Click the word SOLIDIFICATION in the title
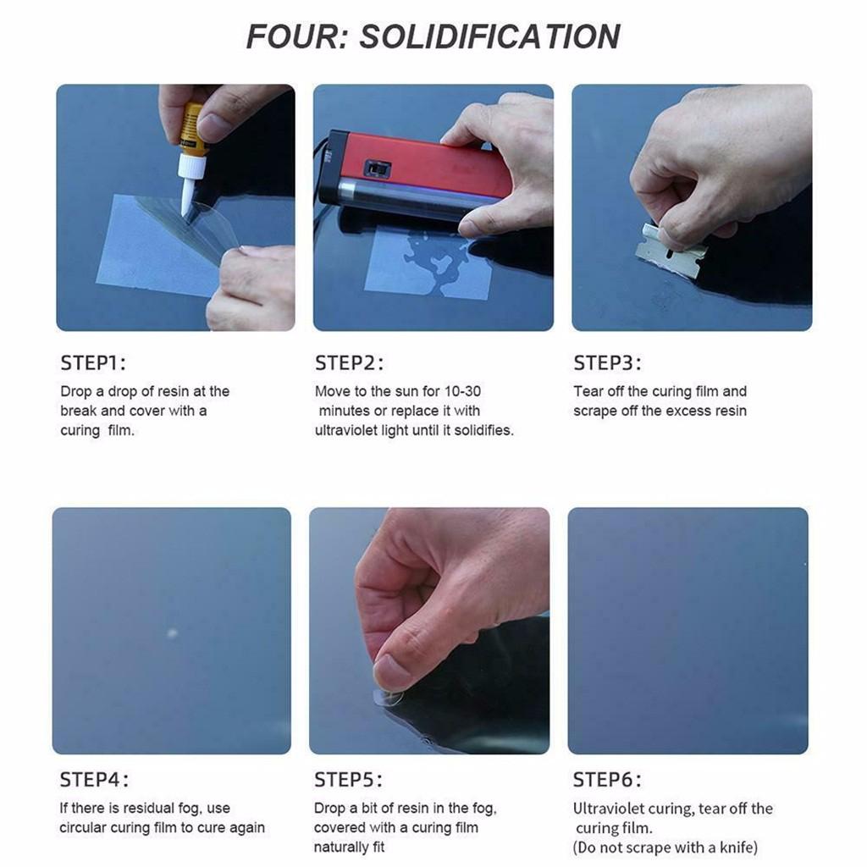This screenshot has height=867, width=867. pyautogui.click(x=490, y=37)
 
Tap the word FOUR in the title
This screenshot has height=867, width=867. pyautogui.click(x=295, y=37)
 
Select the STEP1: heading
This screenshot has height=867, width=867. pyautogui.click(x=93, y=363)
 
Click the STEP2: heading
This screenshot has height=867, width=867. pyautogui.click(x=349, y=363)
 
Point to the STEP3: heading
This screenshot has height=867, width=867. pyautogui.click(x=607, y=363)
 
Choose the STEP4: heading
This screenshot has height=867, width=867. pyautogui.click(x=94, y=780)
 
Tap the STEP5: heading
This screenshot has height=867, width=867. pyautogui.click(x=348, y=780)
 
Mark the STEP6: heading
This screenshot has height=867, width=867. pyautogui.click(x=606, y=780)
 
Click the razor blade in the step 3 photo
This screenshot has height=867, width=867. pyautogui.click(x=670, y=251)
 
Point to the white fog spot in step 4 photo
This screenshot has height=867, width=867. pyautogui.click(x=172, y=632)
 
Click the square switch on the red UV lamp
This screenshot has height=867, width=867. pyautogui.click(x=378, y=168)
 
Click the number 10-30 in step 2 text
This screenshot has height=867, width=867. pyautogui.click(x=462, y=391)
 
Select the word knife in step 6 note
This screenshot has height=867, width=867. pyautogui.click(x=738, y=848)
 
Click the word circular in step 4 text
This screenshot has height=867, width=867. pyautogui.click(x=83, y=828)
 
